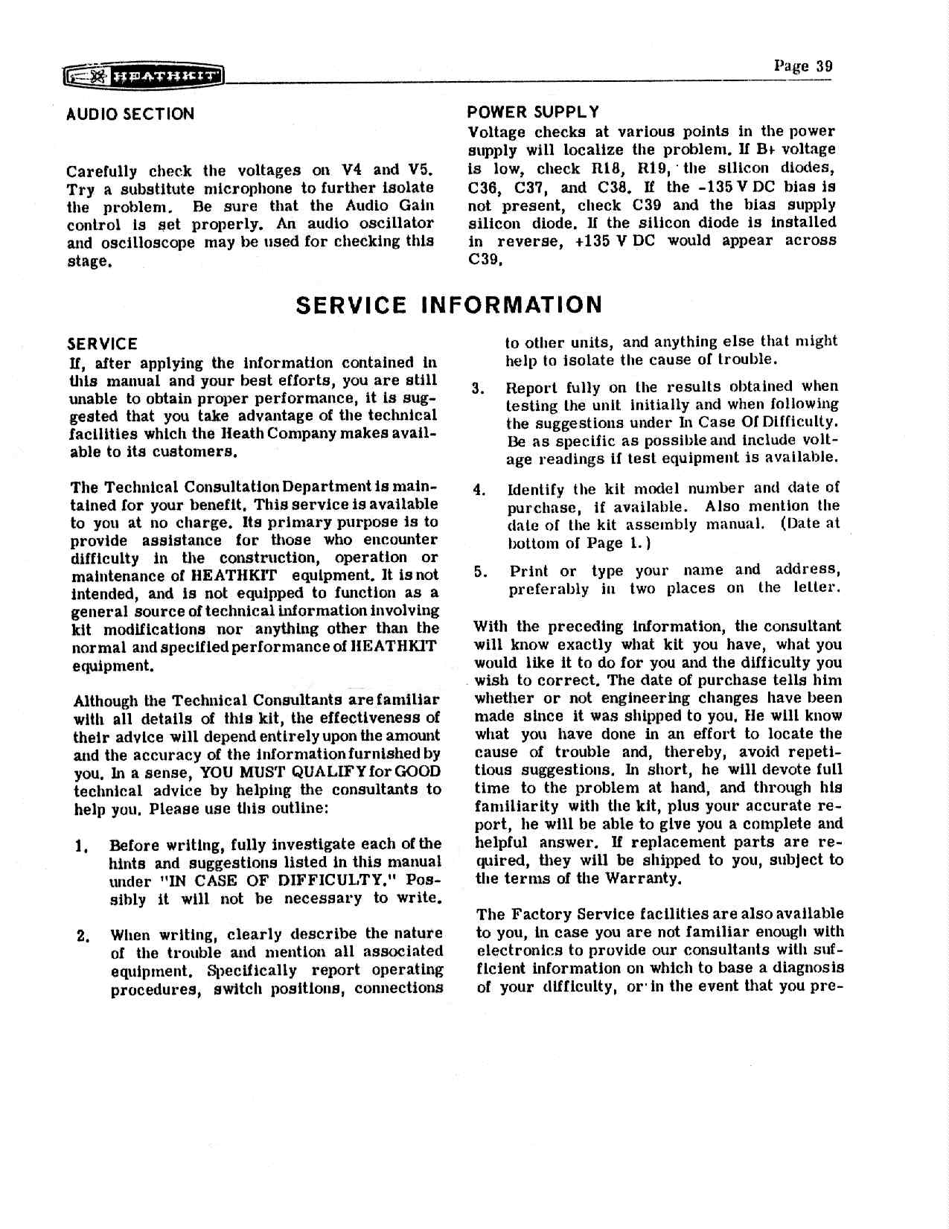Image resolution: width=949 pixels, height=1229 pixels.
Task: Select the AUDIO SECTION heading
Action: tap(130, 114)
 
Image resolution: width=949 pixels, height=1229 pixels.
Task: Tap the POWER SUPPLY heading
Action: tap(533, 112)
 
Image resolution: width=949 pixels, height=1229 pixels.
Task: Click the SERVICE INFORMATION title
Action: tap(448, 305)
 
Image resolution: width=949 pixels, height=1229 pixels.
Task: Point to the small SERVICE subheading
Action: tap(102, 344)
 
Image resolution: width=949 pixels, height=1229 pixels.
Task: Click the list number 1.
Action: tap(80, 846)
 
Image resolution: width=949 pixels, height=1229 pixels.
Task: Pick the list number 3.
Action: tap(479, 388)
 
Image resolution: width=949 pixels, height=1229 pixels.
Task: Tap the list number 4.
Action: tap(479, 489)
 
